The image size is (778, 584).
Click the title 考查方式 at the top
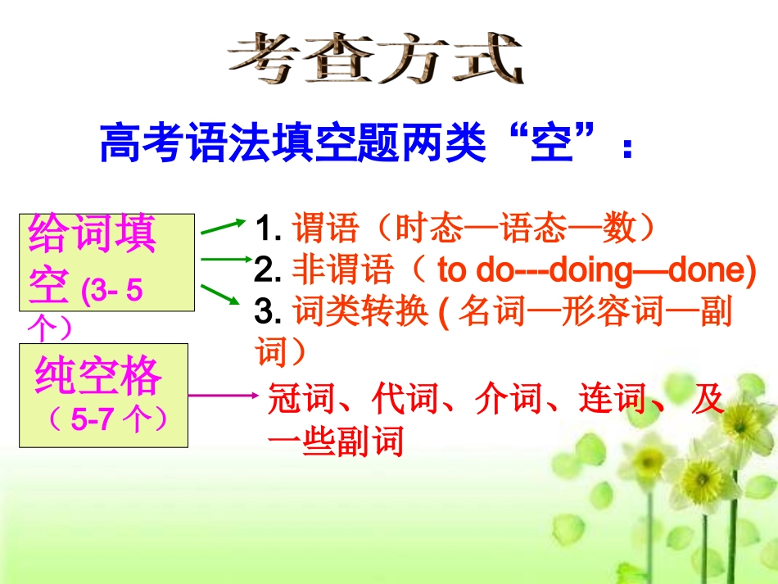click(374, 59)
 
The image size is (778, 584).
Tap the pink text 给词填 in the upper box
click(92, 235)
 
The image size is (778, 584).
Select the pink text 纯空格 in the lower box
click(98, 377)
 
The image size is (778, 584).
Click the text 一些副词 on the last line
click(336, 443)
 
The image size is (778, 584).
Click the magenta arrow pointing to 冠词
click(223, 397)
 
